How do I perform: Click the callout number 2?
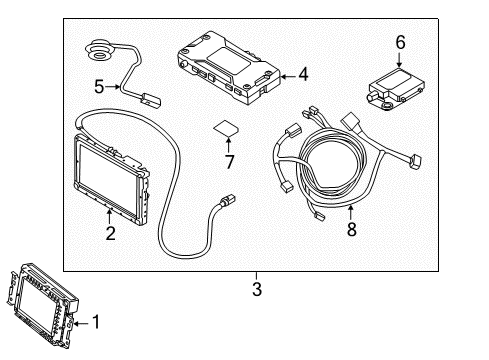click(110, 234)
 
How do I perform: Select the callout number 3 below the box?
click(256, 289)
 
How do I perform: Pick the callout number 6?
click(400, 42)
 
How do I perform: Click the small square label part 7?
click(226, 130)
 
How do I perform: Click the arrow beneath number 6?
click(400, 59)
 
